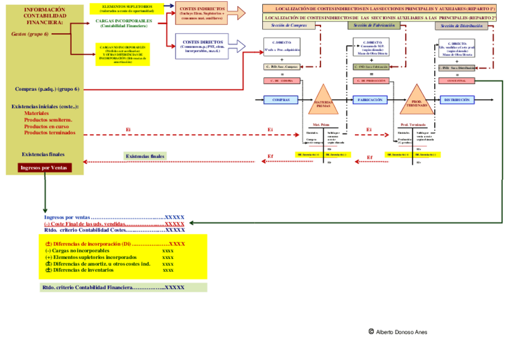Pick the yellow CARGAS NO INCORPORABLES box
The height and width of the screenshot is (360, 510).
[123, 53]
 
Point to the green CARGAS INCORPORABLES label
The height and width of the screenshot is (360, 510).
[123, 23]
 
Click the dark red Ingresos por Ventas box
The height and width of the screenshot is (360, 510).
[44, 168]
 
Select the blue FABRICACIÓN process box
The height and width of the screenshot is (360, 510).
[370, 100]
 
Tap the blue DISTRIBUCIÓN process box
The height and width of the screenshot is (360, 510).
[457, 100]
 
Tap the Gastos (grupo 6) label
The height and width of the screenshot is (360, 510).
[30, 34]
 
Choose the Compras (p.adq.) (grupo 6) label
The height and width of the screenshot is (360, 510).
[47, 89]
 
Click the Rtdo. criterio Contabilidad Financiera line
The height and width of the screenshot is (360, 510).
[112, 287]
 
